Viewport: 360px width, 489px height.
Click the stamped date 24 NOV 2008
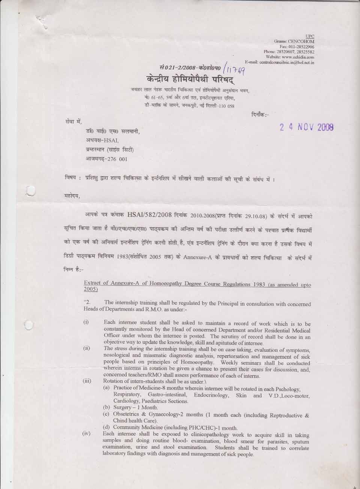click(x=307, y=127)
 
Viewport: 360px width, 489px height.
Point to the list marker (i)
click(x=86, y=323)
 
